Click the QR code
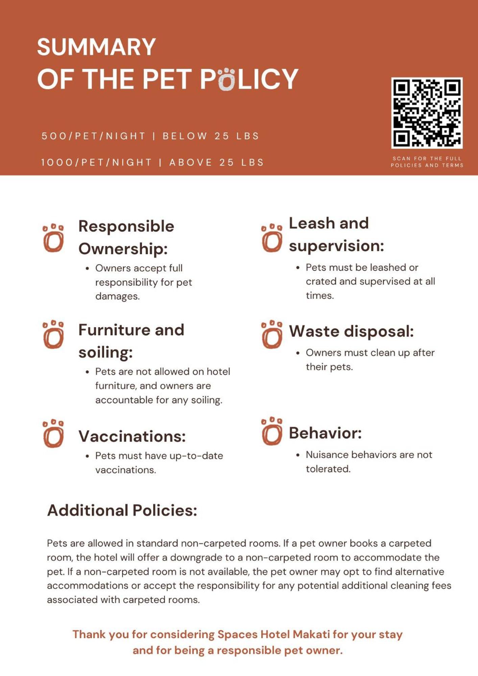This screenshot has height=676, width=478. [x=427, y=113]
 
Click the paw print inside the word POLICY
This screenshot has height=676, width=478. [x=226, y=79]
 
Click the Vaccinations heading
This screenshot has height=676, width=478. [x=132, y=436]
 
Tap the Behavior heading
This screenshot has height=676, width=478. [x=325, y=433]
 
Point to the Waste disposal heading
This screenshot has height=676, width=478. [x=351, y=331]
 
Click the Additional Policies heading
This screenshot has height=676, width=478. [x=122, y=510]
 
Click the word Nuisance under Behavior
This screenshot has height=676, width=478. [x=327, y=455]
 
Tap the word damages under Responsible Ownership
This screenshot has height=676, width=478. [x=117, y=296]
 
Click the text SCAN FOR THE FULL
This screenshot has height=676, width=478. [x=427, y=158]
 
